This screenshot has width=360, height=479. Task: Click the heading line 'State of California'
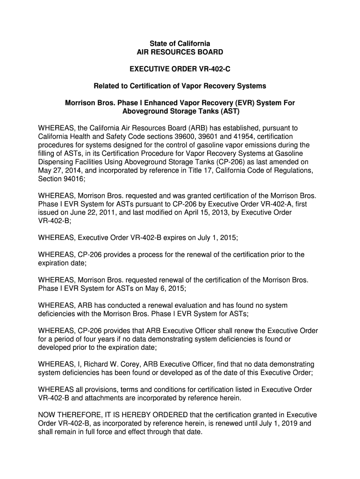tap(180, 44)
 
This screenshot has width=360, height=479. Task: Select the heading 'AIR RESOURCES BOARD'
tap(180, 52)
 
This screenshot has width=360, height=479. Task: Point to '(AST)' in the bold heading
tap(229, 111)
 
